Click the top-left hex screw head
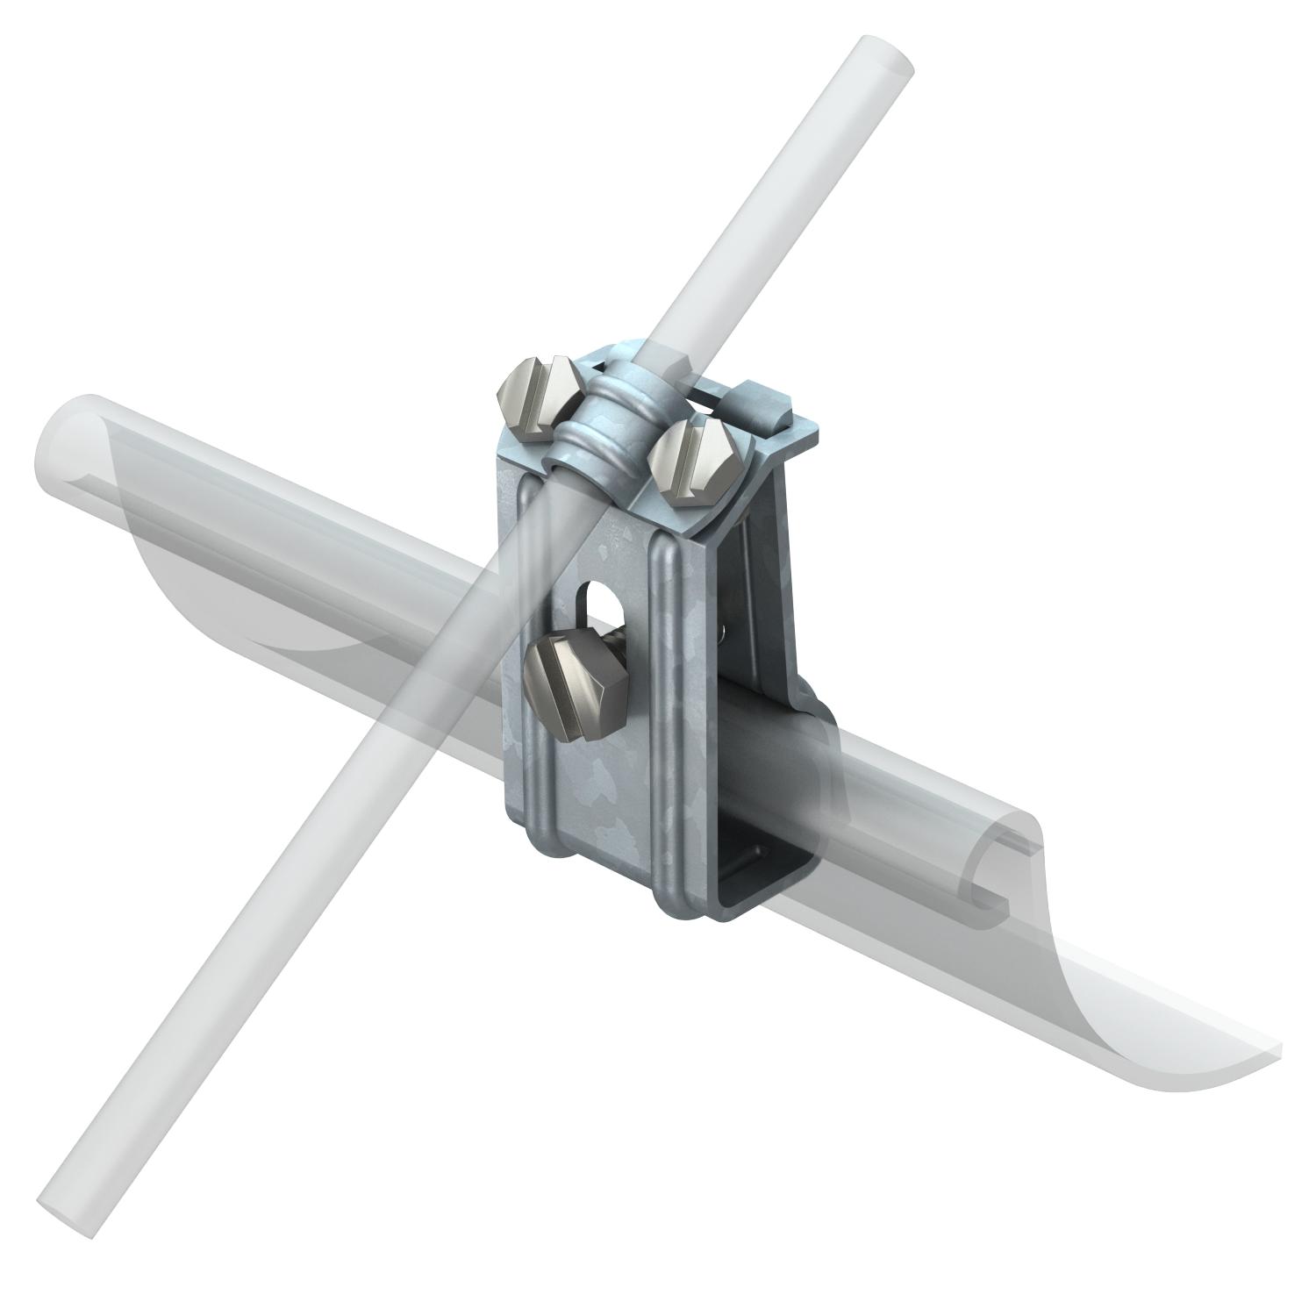(537, 397)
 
